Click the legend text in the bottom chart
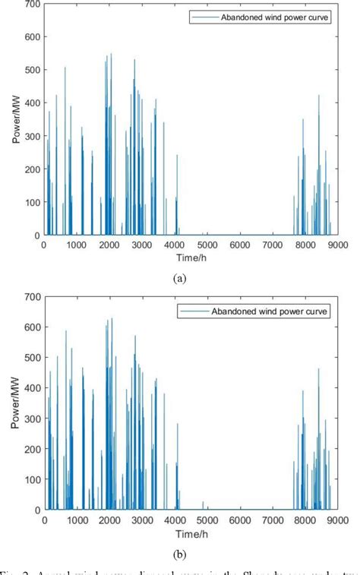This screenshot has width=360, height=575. click(283, 311)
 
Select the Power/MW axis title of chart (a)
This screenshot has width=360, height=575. click(15, 120)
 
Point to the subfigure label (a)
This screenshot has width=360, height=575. click(180, 279)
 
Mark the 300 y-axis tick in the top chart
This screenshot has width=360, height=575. click(31, 137)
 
